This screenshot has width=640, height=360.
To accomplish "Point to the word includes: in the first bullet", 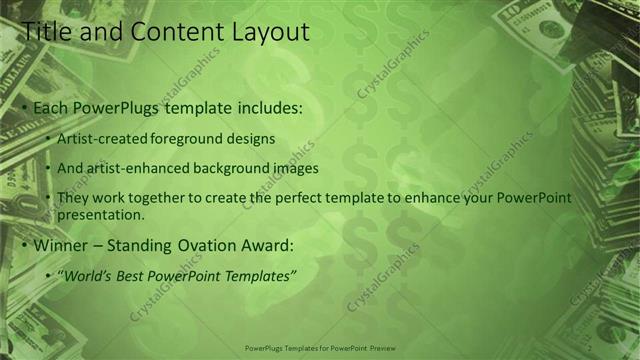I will pyautogui.click(x=267, y=107).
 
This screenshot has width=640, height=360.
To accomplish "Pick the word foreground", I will pyautogui.click(x=184, y=139).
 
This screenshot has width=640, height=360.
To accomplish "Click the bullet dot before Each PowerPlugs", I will pyautogui.click(x=25, y=107).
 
